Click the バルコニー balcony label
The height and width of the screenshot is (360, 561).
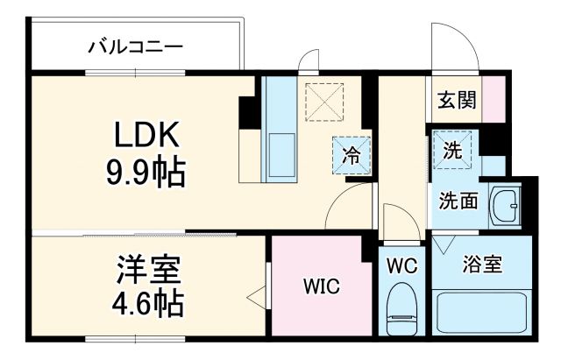pos(135,46)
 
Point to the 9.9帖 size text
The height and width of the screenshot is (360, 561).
pos(146,173)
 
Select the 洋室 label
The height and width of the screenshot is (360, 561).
pos(146,267)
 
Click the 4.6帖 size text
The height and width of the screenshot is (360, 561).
pos(146,303)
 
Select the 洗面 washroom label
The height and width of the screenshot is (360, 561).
pos(458,200)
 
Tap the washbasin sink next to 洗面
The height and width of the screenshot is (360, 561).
pos(505,205)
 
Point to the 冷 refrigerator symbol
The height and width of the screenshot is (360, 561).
pos(351,156)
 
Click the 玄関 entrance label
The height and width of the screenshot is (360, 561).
pos(457,99)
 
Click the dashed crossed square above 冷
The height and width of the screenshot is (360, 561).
pos(323,101)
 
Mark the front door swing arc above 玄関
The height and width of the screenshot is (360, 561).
pos(451,44)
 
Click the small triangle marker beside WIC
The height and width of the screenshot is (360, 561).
pos(257,297)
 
